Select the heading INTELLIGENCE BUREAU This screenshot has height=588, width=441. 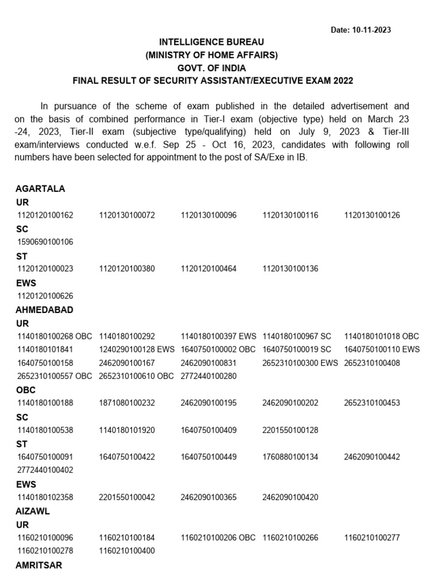212,42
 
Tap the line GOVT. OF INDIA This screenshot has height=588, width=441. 212,68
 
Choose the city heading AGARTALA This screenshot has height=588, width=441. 41,188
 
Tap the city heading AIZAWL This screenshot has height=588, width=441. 33,511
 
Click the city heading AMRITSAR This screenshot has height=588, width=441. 39,565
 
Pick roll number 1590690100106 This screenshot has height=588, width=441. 45,242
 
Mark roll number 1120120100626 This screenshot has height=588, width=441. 45,296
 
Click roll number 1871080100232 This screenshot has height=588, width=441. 127,403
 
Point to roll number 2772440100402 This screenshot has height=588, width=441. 45,470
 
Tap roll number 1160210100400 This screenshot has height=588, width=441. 127,551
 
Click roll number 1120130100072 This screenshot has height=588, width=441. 127,215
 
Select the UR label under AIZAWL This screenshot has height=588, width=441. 23,524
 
